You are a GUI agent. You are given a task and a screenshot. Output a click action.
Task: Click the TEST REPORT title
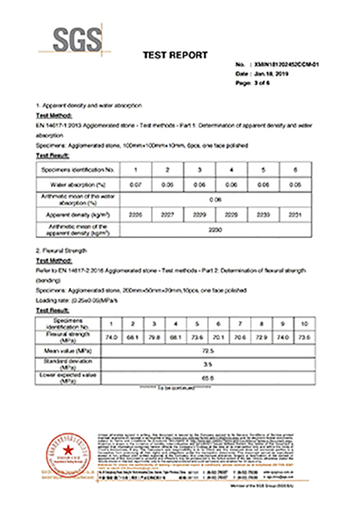coord(175,55)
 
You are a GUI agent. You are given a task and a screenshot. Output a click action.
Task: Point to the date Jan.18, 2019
coord(270,74)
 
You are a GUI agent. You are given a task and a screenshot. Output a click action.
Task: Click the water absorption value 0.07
coord(136,184)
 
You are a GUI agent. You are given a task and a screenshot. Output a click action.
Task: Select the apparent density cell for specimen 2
coord(168,214)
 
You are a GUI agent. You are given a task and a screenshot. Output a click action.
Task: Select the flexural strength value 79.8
coord(154,337)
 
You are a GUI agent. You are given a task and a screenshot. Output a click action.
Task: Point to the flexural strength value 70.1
coord(218,337)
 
